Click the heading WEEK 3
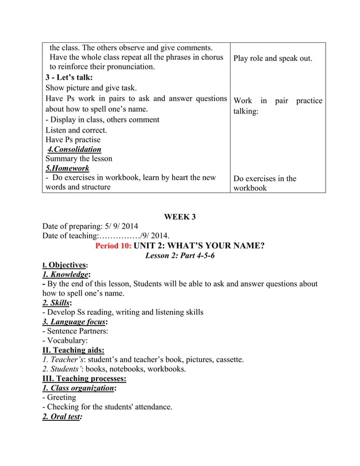click(179, 217)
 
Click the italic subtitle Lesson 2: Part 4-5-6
click(179, 255)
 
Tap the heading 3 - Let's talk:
click(68, 77)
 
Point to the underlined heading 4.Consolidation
click(74, 150)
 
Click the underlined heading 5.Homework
click(67, 169)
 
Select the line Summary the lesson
click(78, 159)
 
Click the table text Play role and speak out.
click(273, 58)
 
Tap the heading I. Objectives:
click(65, 265)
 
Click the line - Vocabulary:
click(65, 341)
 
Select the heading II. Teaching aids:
click(73, 350)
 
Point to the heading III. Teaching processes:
click(84, 378)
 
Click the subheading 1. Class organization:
click(80, 388)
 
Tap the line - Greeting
click(59, 397)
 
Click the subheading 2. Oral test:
click(62, 416)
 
